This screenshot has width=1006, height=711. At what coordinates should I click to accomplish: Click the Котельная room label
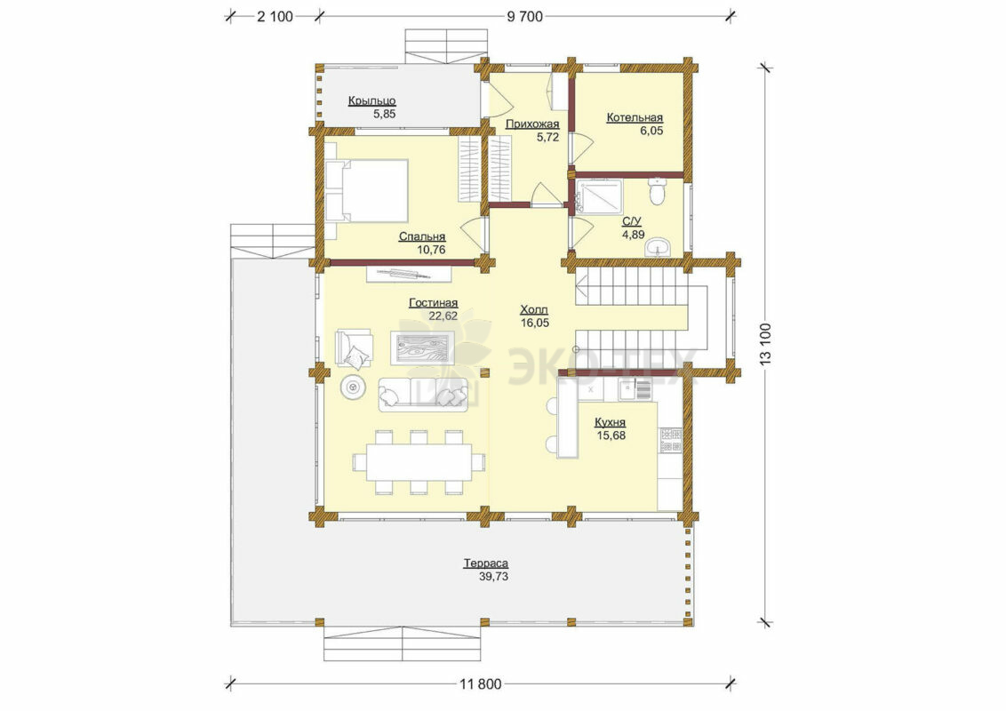[x=635, y=118]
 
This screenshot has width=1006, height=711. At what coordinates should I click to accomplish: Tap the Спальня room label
[x=422, y=236]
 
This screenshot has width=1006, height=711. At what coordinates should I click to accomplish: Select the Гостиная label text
[x=434, y=303]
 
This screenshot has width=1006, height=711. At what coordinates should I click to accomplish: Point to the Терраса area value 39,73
[x=494, y=577]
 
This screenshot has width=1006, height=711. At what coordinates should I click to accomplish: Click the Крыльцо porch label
[x=372, y=100]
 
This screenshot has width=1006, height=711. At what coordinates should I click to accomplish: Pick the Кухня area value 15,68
[x=611, y=435]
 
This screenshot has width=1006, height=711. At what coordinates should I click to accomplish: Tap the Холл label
[x=534, y=310]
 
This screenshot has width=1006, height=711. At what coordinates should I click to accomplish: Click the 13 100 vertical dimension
[x=765, y=344]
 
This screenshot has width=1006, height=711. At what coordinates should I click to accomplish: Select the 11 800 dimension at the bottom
[x=481, y=684]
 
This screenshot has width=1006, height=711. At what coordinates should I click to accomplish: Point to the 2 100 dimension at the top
[x=275, y=17]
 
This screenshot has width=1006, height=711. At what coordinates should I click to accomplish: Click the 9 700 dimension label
[x=525, y=17]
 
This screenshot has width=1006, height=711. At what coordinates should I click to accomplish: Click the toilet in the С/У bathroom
[x=657, y=191]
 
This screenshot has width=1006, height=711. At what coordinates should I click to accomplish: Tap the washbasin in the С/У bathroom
[x=659, y=246]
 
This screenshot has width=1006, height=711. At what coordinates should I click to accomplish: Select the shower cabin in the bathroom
[x=599, y=196]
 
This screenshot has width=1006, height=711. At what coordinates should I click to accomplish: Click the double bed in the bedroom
[x=367, y=190]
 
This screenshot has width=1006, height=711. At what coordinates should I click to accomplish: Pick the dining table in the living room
[x=419, y=462]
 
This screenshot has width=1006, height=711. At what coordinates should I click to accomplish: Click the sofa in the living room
[x=423, y=394]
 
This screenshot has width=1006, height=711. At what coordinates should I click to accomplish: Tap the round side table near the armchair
[x=352, y=387]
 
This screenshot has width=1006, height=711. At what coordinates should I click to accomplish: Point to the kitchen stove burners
[x=671, y=440]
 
